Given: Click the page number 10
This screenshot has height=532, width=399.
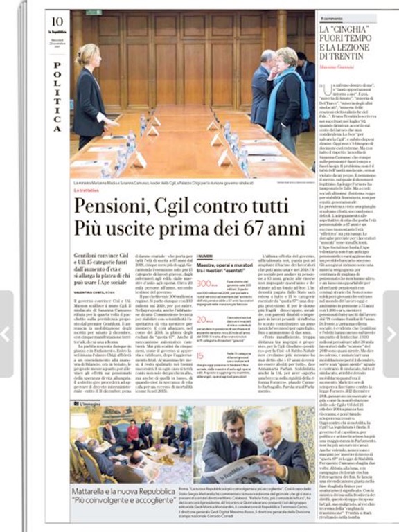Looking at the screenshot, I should [57, 21].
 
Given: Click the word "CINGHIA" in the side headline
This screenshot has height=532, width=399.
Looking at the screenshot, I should [346, 30].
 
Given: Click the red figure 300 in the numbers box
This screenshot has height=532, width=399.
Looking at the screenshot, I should [204, 265].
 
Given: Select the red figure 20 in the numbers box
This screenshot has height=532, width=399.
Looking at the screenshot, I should [202, 302].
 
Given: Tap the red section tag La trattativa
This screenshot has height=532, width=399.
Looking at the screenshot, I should [88, 189].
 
